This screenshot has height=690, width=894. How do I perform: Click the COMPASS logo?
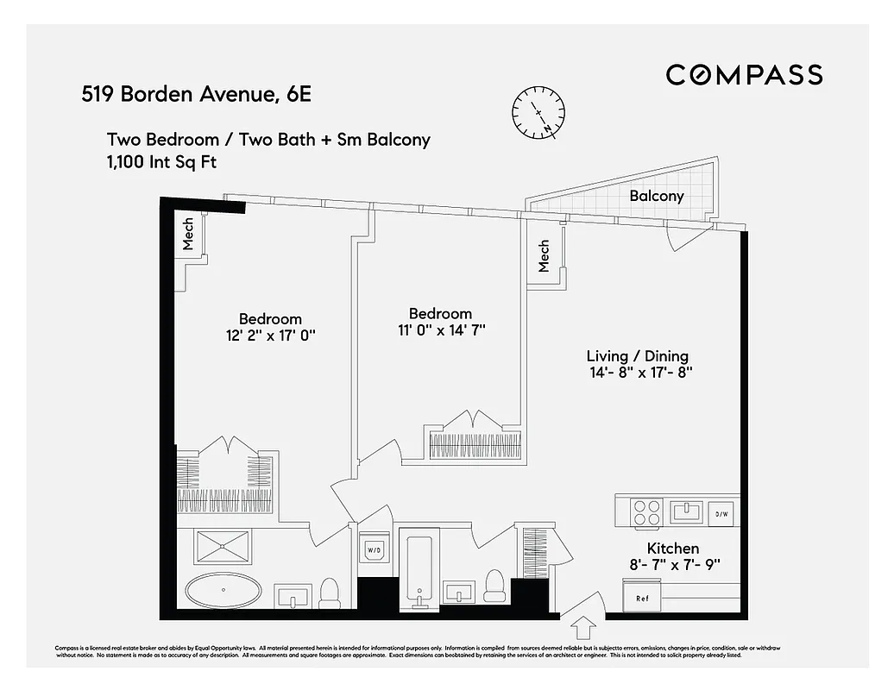pos(744,75)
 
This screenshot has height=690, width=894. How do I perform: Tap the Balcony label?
pos(656,196)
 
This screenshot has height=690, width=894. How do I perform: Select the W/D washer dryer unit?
pos(375,549)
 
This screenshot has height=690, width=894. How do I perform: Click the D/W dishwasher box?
pos(721,514)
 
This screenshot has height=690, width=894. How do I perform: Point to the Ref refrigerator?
pos(642,597)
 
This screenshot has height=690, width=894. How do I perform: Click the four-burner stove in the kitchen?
pos(647,513)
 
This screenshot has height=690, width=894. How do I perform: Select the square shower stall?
pos(223,547)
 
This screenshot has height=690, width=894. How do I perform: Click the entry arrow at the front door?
pos(583,623)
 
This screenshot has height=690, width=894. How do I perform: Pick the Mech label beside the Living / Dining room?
pos(545,255)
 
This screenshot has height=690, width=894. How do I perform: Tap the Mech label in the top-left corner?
pos(189,234)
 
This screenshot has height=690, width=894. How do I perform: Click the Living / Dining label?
pos(637,356)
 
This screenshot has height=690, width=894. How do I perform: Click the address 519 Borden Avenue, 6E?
pos(196,94)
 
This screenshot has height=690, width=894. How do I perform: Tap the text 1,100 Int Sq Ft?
pos(161,161)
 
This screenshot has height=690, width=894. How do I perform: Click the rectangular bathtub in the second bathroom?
pos(419,569)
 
